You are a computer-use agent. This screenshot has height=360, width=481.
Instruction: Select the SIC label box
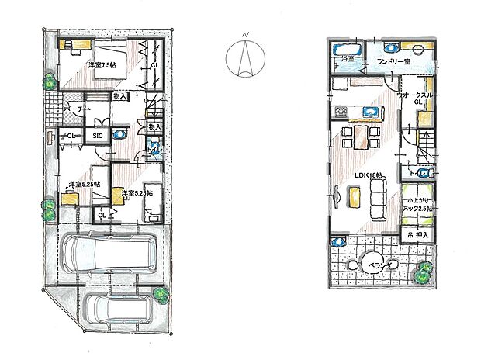coord(98,136)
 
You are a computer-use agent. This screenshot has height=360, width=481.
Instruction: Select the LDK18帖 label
coord(366,175)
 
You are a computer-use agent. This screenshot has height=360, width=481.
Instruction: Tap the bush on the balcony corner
coord(424,272)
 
